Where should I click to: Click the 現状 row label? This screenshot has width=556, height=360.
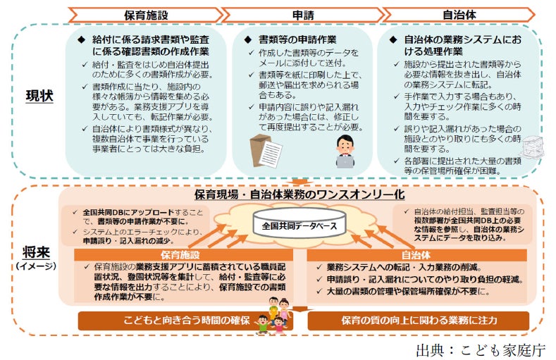(x=39, y=97)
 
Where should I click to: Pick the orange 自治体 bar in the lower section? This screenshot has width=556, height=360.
(x=416, y=255)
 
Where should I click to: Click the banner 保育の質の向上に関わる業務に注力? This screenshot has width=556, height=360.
(x=420, y=321)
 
